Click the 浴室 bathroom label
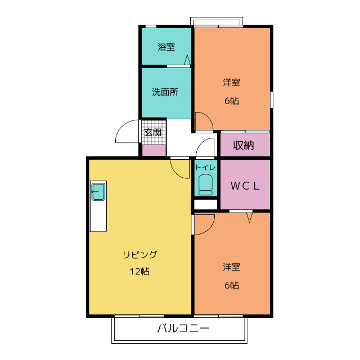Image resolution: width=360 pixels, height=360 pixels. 166,47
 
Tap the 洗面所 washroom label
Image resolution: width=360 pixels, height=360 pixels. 165,92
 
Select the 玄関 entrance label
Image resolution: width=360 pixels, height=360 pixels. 152,132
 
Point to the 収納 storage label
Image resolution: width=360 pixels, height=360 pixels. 244,145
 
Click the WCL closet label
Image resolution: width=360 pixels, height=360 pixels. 245,186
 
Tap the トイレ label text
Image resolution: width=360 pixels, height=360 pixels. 205,168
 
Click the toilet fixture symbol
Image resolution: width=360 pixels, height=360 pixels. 205,185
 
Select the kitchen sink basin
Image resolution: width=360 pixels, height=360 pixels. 98,191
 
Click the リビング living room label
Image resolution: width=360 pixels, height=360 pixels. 140,255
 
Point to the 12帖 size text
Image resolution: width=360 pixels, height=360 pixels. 140,271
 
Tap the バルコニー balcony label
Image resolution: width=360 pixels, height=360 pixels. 183,328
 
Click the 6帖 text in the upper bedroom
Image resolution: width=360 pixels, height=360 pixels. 232,101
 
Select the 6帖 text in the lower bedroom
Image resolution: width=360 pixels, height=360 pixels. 232,285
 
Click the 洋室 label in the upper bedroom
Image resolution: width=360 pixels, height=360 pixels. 231,83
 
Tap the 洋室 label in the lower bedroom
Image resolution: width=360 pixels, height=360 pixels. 231,267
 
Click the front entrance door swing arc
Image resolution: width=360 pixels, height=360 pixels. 121,127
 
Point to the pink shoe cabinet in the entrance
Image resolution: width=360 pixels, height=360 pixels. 154,150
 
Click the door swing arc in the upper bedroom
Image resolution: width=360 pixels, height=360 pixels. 209,116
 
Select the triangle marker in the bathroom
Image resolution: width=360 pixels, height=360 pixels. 187,60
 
